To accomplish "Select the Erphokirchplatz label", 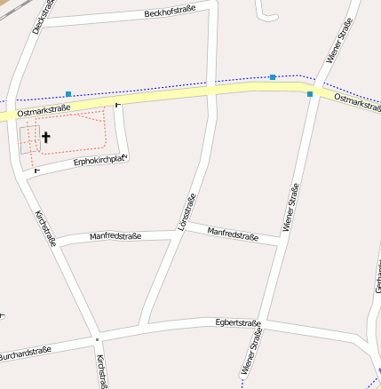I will tap(101, 161).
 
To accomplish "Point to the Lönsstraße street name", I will tap(186, 214).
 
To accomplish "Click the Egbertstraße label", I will tap(237, 323).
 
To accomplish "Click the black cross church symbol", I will tap(45, 138).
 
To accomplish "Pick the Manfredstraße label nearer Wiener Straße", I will tap(232, 234).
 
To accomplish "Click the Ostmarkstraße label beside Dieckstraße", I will tap(44, 108).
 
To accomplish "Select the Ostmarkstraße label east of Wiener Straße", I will tap(357, 102).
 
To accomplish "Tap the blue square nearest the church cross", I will tap(68, 93).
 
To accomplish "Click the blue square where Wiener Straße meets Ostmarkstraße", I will tap(310, 93).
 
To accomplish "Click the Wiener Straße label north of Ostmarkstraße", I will tap(339, 42).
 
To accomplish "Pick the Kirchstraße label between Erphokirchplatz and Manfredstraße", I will tap(44, 228).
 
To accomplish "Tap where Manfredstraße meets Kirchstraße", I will tap(60, 244).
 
